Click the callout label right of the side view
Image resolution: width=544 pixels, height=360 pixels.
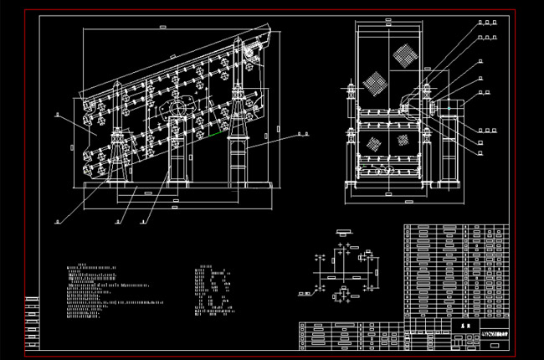tap(303, 132)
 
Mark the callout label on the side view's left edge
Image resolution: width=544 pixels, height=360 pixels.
tap(57, 120)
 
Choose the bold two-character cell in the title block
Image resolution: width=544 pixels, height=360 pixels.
tap(462, 322)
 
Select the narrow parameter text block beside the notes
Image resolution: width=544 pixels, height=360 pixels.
tap(214, 290)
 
